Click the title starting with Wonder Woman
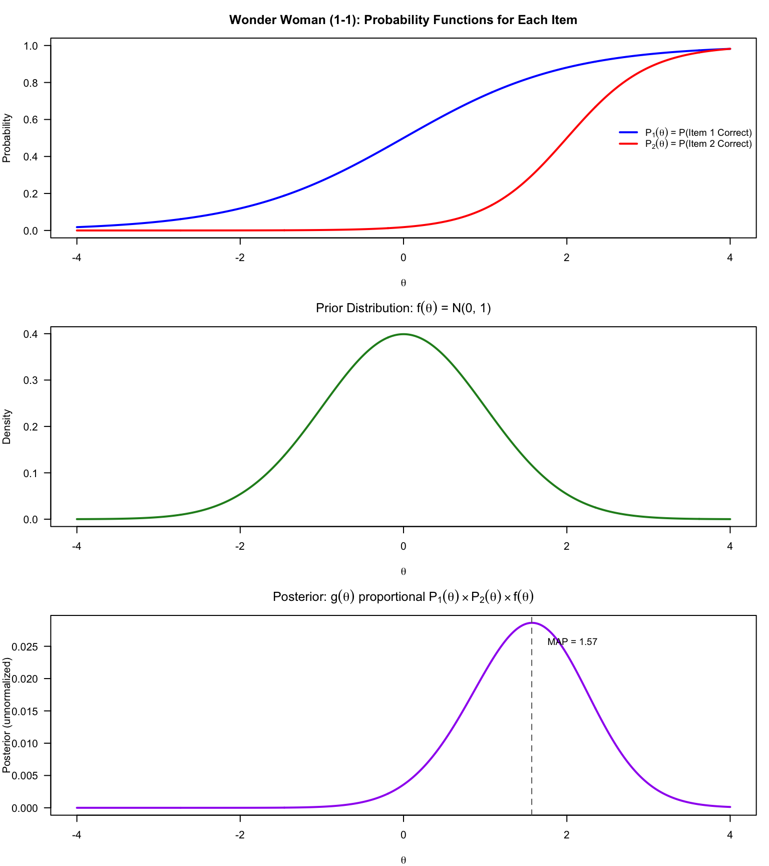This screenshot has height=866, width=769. pos(403,20)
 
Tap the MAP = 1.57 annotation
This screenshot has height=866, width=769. pos(572,642)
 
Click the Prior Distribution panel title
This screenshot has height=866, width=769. pos(403,308)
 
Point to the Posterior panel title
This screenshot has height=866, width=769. pos(403,597)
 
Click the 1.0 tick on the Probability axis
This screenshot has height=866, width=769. pos(31,46)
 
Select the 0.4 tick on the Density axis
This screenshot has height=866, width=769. pos(31,334)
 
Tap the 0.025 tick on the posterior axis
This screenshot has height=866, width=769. pos(25,646)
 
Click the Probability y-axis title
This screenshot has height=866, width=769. pos(7,138)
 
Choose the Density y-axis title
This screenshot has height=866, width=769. pos(7,426)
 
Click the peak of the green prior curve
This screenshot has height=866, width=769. pos(404,334)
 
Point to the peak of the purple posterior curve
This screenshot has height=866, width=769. pos(532,623)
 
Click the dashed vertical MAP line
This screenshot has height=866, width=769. pos(532,727)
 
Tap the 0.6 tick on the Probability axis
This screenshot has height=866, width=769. pos(31,120)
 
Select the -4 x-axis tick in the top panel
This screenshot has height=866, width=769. pos(77,258)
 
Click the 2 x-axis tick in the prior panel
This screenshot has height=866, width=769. pos(566,546)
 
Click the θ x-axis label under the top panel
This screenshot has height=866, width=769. pos(404,283)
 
